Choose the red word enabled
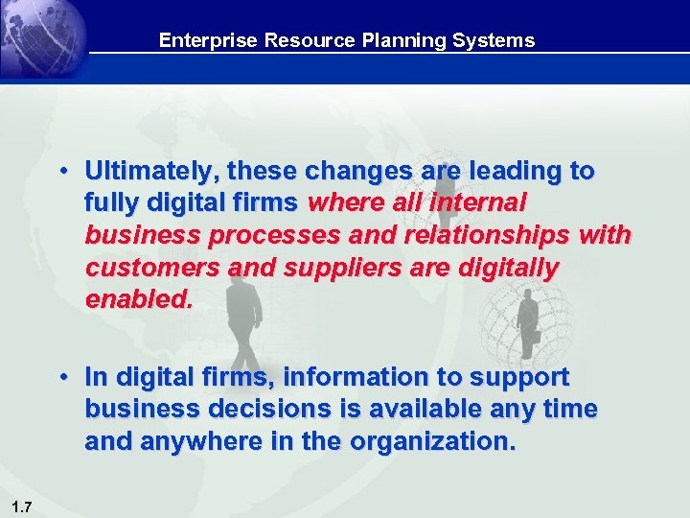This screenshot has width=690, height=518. pyautogui.click(x=139, y=299)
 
